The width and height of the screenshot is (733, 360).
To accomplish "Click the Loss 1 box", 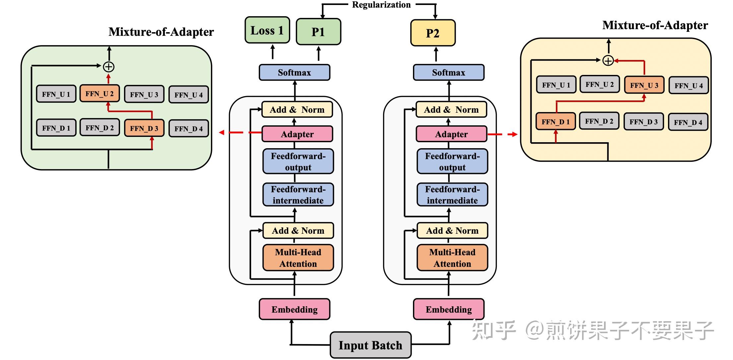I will tap(267, 30).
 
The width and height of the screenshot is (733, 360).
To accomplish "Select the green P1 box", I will tap(318, 32).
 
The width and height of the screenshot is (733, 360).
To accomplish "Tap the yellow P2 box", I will tap(433, 33).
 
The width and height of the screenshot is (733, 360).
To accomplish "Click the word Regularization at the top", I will tap(381, 5).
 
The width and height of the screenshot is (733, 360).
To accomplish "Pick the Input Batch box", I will tap(370, 345).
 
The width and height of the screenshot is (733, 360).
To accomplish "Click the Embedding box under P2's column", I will tap(448, 309).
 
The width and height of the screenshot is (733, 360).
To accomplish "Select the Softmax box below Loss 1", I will tap(294, 72).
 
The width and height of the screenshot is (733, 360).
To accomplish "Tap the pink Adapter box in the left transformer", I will tap(297, 134).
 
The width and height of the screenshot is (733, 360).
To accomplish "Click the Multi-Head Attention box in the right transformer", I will tap(452, 258).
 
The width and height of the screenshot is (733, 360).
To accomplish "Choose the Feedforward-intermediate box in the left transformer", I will tap(298, 195).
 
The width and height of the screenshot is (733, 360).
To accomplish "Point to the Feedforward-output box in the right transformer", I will tap(452, 161).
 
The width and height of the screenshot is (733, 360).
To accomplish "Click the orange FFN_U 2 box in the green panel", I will tap(100, 94).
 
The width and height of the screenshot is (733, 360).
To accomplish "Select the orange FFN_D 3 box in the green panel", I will tap(144, 128).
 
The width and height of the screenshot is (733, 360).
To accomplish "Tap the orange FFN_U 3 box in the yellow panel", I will tap(644, 85).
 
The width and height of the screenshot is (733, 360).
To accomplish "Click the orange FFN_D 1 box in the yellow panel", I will tap(556, 122).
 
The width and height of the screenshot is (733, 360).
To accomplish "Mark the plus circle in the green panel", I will tap(109, 67).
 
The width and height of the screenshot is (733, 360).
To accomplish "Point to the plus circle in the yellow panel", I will tap(608, 61).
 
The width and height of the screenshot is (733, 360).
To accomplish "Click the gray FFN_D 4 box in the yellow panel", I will tap(688, 122).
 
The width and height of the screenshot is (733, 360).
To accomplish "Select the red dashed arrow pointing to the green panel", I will tap(239, 133).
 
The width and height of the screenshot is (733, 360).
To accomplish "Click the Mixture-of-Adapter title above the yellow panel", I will tap(655, 25).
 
